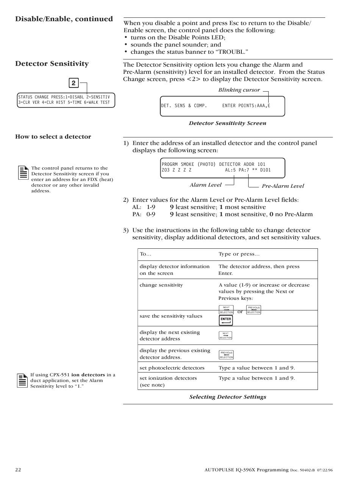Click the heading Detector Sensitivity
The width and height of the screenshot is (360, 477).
(52, 64)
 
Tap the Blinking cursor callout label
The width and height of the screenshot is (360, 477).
(239, 90)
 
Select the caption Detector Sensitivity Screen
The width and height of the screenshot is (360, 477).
(227, 123)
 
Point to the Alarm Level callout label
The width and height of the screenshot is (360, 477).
(205, 185)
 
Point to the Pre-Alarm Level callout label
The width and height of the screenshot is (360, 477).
(283, 186)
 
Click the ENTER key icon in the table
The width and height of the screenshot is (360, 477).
(226, 320)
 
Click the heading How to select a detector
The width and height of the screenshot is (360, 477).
(53, 137)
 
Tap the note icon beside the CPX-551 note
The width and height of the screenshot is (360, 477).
(22, 380)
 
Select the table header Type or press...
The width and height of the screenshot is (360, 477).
(239, 254)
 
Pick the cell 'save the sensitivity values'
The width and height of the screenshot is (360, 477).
(171, 316)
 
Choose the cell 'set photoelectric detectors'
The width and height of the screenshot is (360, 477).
(172, 368)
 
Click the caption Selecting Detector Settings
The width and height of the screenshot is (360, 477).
(228, 397)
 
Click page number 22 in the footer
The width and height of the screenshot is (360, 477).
(18, 470)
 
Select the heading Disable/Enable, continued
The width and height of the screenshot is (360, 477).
(64, 19)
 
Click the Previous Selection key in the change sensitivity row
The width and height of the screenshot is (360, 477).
(254, 310)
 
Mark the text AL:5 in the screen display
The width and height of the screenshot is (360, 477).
(230, 170)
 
